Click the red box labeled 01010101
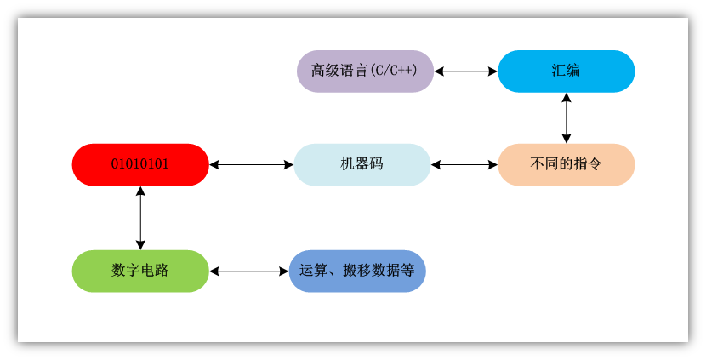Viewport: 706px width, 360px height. click(x=140, y=164)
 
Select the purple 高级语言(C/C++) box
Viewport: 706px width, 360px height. click(x=365, y=71)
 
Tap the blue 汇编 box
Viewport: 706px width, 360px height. click(x=566, y=71)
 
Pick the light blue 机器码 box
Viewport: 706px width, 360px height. click(x=362, y=164)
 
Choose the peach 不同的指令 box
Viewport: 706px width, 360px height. click(x=566, y=164)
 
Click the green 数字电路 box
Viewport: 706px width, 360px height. click(x=140, y=271)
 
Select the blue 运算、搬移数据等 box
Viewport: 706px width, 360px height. click(x=357, y=271)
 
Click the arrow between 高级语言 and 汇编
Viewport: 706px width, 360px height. click(x=465, y=71)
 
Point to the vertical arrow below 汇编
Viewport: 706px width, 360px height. click(x=566, y=117)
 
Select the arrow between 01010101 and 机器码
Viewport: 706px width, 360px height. click(x=251, y=164)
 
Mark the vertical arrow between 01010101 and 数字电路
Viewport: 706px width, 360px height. click(x=140, y=218)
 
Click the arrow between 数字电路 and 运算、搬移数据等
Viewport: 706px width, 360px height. click(x=249, y=271)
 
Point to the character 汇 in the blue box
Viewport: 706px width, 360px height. click(x=559, y=71)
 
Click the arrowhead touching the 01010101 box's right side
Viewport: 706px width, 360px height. click(x=214, y=164)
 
